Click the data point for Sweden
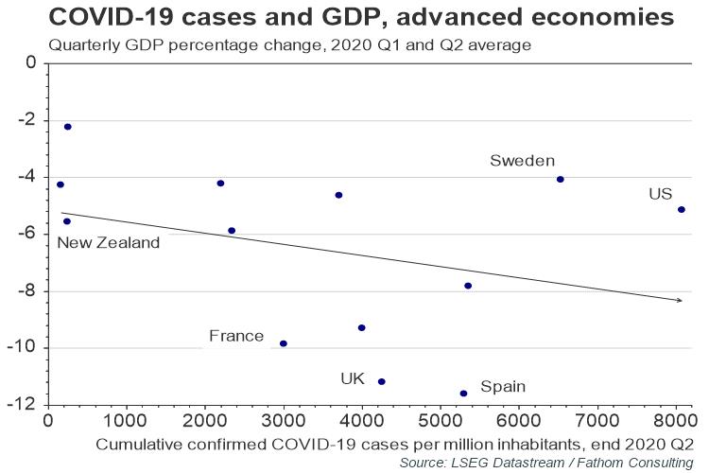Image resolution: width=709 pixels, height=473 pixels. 561,180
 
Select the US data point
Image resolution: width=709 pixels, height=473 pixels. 682,210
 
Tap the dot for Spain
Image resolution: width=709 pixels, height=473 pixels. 463,394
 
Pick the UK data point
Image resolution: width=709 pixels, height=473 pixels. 382,381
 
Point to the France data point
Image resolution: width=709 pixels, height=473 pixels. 284,343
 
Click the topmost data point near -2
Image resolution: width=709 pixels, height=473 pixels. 68,127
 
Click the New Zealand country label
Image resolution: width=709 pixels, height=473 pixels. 109,243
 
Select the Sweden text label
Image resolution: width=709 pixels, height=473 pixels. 522,161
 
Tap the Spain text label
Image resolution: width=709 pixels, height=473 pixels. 503,387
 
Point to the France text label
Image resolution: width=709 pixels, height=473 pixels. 236,336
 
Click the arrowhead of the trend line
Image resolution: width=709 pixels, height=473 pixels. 679,300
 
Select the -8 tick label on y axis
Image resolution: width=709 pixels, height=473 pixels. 26,290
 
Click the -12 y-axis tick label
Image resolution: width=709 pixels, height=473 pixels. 21,404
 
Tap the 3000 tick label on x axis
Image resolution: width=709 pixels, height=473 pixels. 284,420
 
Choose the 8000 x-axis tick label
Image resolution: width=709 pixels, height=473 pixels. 676,420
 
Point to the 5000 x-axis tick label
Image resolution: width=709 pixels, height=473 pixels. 441,420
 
